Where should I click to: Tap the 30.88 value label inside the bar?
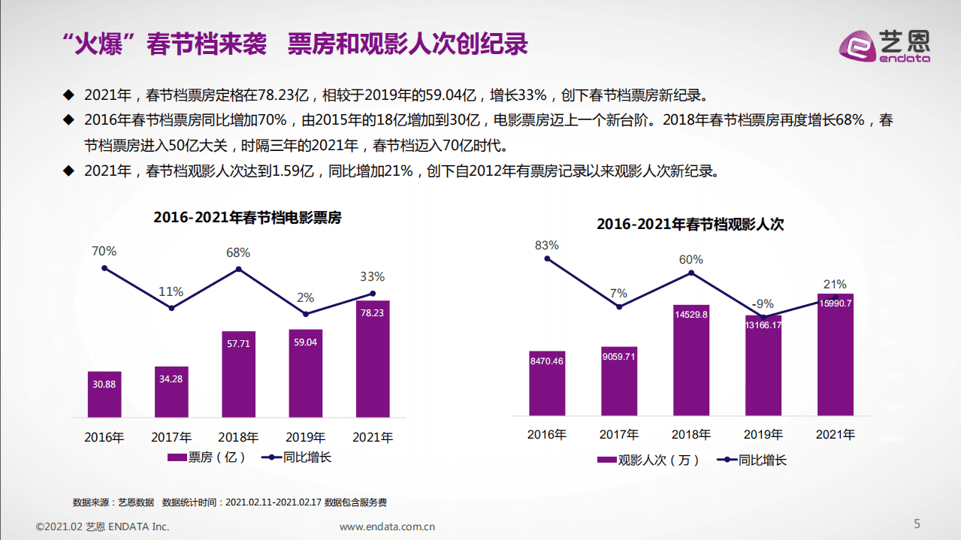pyautogui.click(x=104, y=384)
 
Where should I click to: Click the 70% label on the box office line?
pyautogui.click(x=104, y=252)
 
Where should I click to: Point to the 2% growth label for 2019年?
pyautogui.click(x=305, y=298)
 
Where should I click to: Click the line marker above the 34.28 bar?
pyautogui.click(x=171, y=308)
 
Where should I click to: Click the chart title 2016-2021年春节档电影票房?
pyautogui.click(x=247, y=218)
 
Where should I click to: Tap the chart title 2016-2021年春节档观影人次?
pyautogui.click(x=690, y=224)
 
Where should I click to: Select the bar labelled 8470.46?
pyautogui.click(x=546, y=383)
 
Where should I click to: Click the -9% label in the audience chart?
pyautogui.click(x=763, y=304)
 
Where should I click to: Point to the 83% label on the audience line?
pyautogui.click(x=547, y=245)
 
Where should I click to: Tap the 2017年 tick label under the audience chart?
pyautogui.click(x=619, y=435)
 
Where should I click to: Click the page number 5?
pyautogui.click(x=917, y=523)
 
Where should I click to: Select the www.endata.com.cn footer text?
pyautogui.click(x=388, y=526)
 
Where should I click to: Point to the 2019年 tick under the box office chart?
pyautogui.click(x=305, y=437)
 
